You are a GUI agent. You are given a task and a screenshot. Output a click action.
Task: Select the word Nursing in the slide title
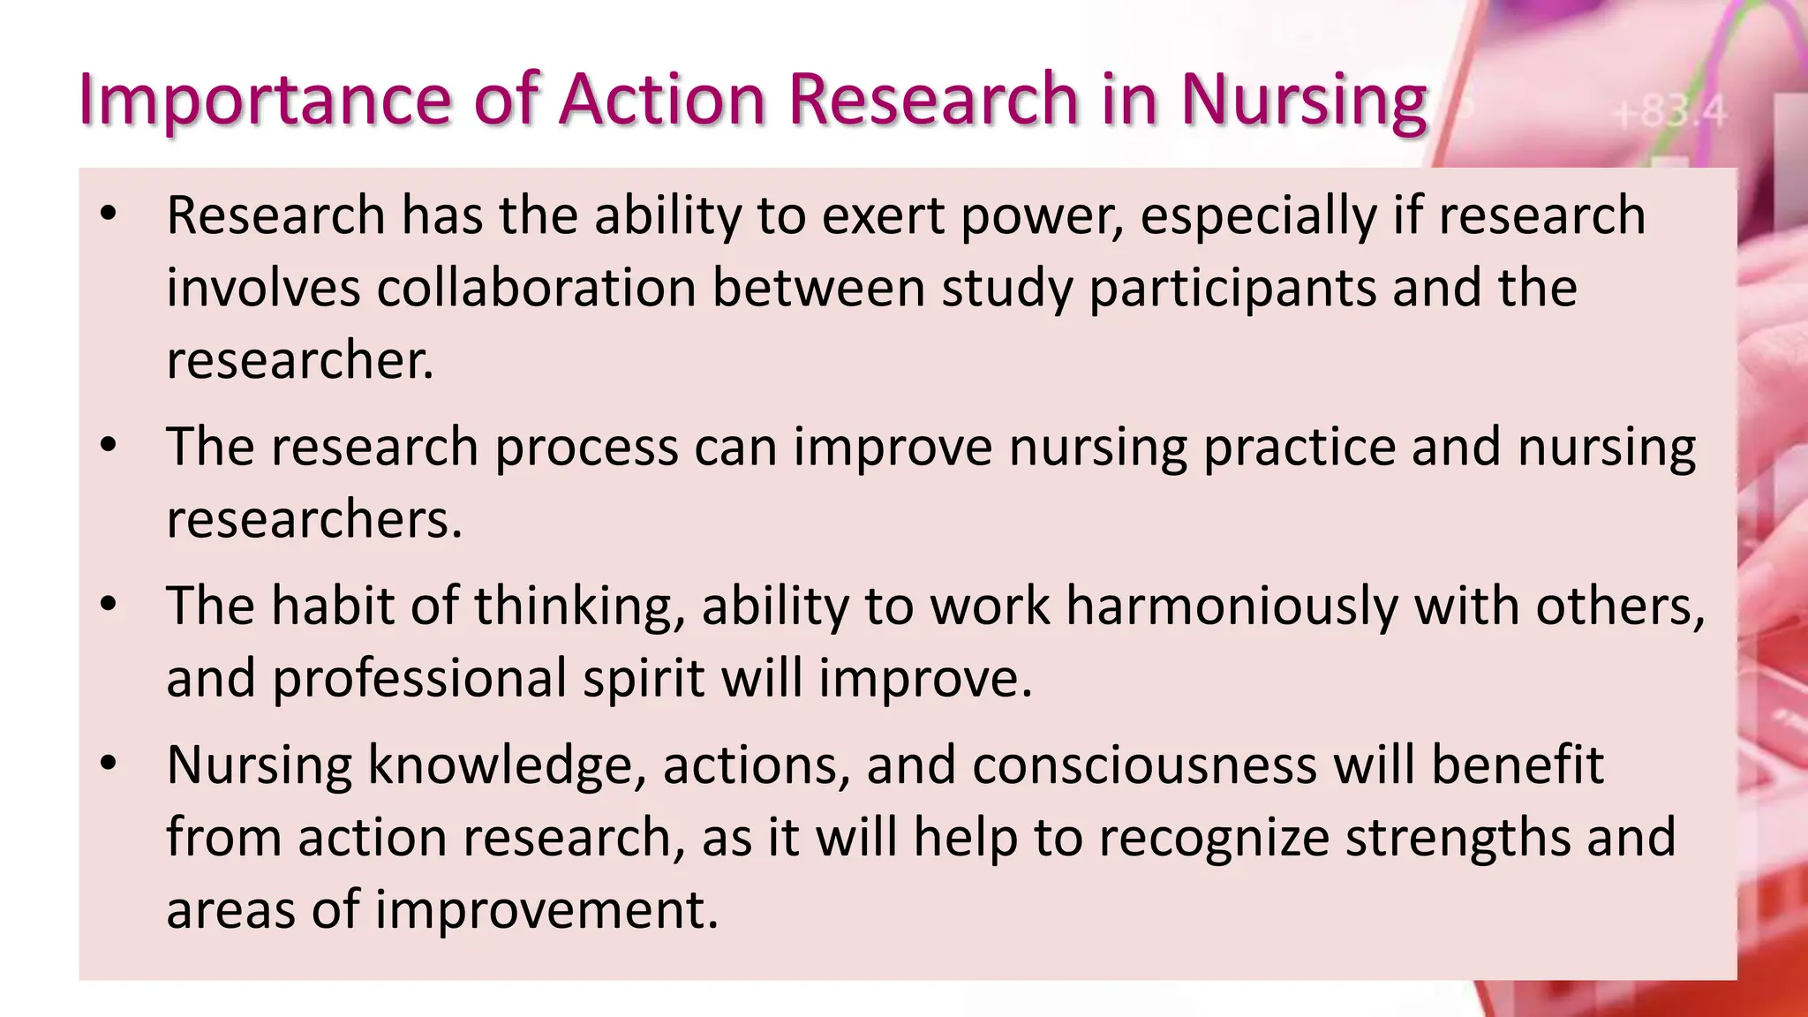pyautogui.click(x=1303, y=99)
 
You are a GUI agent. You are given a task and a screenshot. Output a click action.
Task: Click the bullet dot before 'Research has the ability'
pyautogui.click(x=108, y=215)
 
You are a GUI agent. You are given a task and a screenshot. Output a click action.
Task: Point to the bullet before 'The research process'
pyautogui.click(x=108, y=446)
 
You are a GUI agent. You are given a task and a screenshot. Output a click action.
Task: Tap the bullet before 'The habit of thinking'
pyautogui.click(x=108, y=606)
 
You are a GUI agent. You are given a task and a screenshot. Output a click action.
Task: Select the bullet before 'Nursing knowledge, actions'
pyautogui.click(x=108, y=765)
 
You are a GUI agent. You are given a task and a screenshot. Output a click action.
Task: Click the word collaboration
pyautogui.click(x=537, y=288)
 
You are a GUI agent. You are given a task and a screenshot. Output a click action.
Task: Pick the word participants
pyautogui.click(x=1232, y=290)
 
